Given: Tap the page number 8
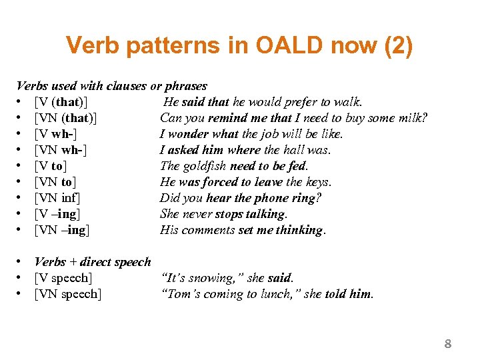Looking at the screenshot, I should point(448,344).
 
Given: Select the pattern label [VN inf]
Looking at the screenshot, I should point(57,198).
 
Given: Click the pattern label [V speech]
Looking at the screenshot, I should point(63,278).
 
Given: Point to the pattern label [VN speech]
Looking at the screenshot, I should point(67,294).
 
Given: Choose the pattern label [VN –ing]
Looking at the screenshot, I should point(62,230).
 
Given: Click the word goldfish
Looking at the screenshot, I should point(207,166).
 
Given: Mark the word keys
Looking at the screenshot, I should point(317,182).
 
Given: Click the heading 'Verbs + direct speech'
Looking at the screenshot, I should point(93,262).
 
